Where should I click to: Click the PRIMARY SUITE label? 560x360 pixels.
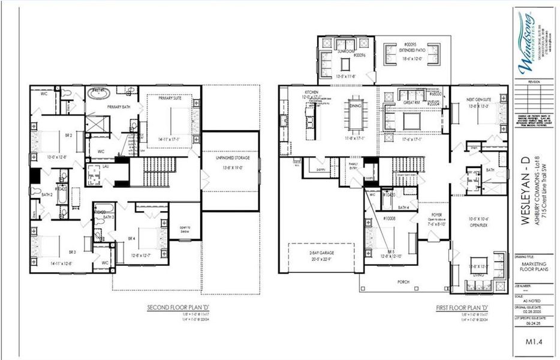171,98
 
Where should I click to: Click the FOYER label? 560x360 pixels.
436,213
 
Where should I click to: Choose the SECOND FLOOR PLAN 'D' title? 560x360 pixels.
173,308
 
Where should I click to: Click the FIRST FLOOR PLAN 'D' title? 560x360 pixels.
462,308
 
